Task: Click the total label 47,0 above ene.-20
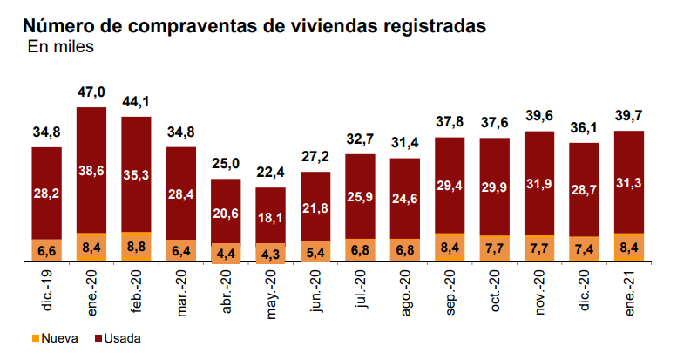[x=91, y=92]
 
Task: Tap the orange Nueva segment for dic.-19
[x=46, y=251]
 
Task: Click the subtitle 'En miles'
[x=61, y=47]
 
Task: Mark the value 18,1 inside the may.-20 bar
[x=271, y=216]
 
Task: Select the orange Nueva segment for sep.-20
[x=450, y=248]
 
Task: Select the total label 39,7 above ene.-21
[x=629, y=117]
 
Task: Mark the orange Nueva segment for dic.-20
[x=584, y=249]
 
